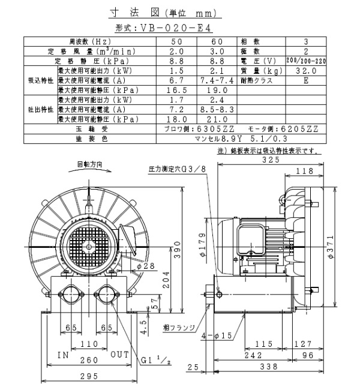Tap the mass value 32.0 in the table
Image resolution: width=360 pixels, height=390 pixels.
(306, 70)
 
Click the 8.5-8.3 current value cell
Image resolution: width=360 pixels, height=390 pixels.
(217, 110)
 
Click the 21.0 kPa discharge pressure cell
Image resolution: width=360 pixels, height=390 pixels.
(217, 119)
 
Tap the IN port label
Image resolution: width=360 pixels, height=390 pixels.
(64, 355)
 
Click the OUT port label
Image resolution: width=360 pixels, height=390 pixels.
(120, 355)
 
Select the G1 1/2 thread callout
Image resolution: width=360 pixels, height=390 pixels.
(155, 361)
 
